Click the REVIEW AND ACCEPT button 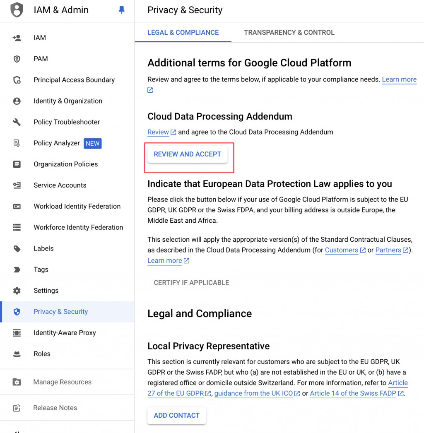(x=187, y=154)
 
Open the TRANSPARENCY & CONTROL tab (x=289, y=32)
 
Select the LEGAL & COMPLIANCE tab (x=183, y=32)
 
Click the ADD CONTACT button (x=176, y=415)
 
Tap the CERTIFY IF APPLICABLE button (x=191, y=282)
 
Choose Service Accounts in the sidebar (x=60, y=185)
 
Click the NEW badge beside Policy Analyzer (x=92, y=143)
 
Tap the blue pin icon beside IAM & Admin (x=121, y=10)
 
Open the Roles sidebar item (x=42, y=354)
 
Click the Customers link (x=342, y=250)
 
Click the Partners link (x=388, y=250)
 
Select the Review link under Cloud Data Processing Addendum (x=158, y=132)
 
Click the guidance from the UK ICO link (x=253, y=393)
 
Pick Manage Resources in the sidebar (x=62, y=382)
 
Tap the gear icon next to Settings (x=17, y=291)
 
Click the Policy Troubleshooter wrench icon (x=17, y=122)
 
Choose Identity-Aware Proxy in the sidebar (x=65, y=332)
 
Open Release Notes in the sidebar (x=55, y=408)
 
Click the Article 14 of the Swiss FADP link (x=353, y=393)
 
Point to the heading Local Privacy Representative (x=208, y=346)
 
